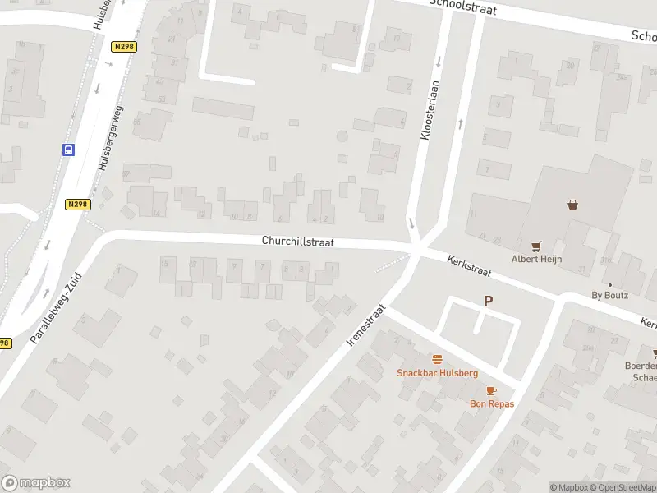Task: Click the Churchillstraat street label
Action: [297, 242]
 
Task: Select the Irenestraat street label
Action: [366, 325]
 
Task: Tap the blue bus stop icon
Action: [68, 150]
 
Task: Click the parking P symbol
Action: [489, 302]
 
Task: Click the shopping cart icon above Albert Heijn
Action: [536, 245]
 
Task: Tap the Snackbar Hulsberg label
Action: [437, 372]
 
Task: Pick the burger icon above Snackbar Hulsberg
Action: [437, 359]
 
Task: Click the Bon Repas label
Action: [491, 403]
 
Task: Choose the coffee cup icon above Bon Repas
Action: [491, 390]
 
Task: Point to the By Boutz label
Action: [609, 295]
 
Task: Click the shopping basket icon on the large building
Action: [572, 204]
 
